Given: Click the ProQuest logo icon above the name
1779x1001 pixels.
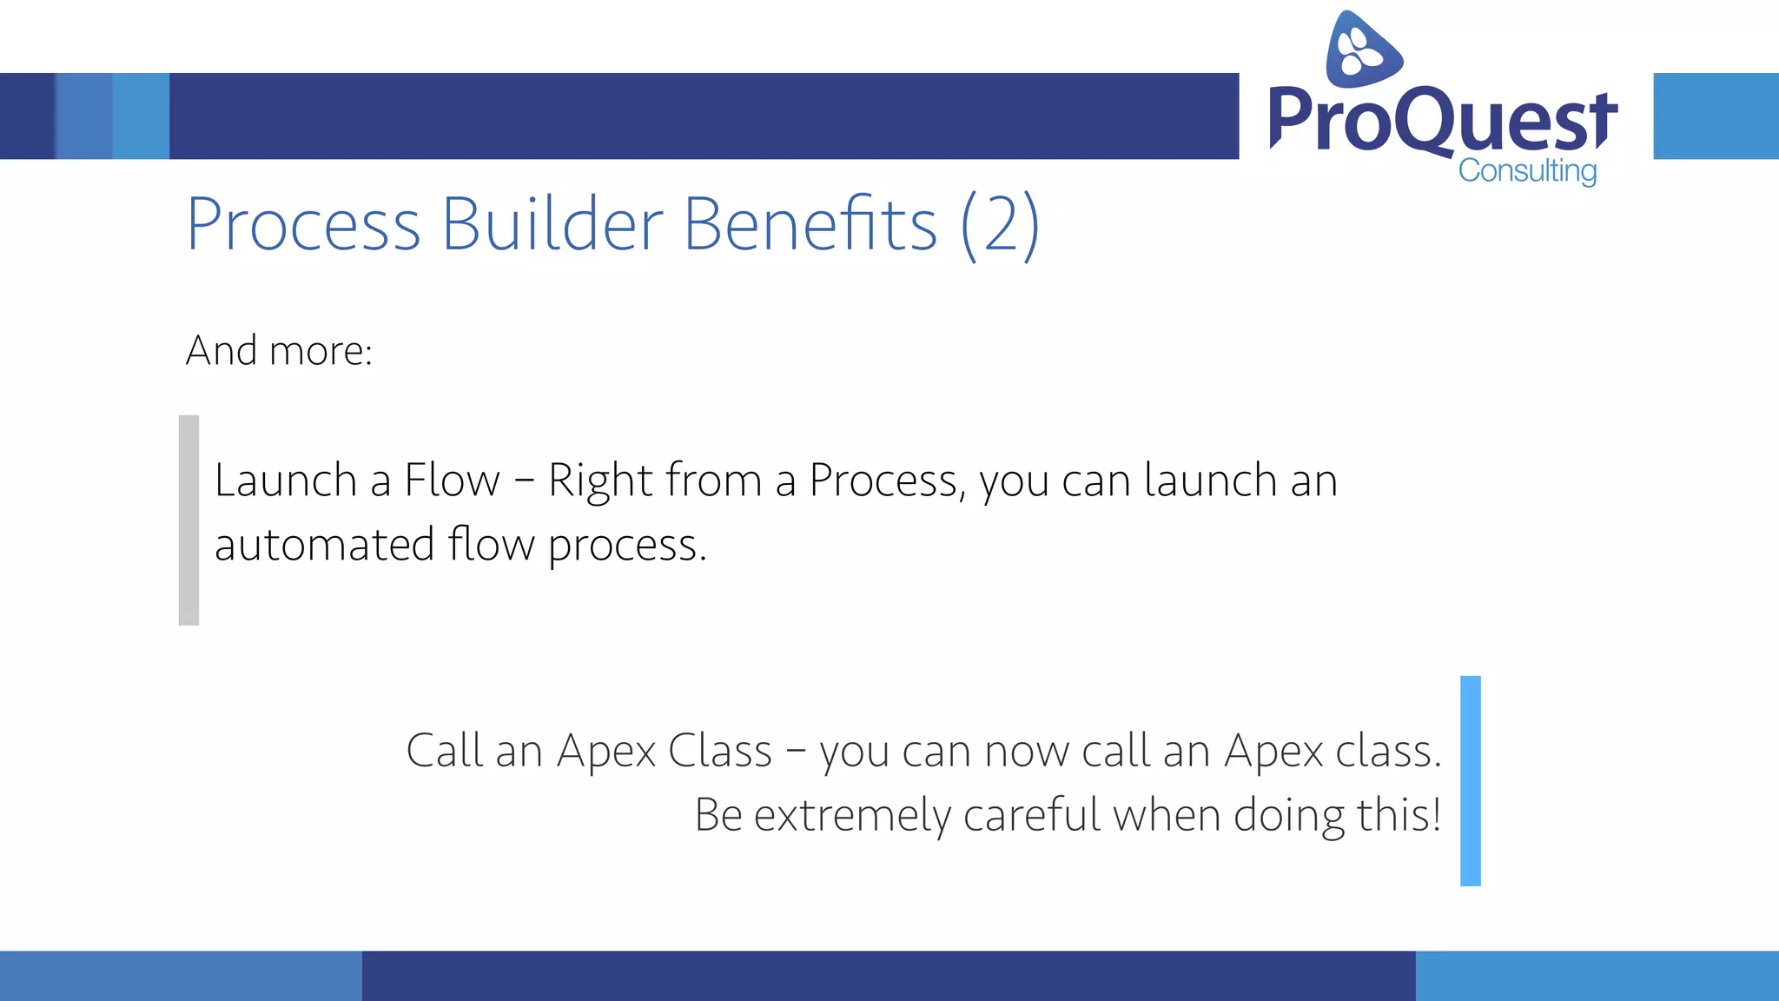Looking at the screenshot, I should point(1362,50).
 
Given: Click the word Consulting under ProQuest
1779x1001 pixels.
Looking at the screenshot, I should point(1527,170).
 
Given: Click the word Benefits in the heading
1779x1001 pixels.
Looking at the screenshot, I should point(810,224).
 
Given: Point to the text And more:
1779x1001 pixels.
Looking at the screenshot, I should point(279,351).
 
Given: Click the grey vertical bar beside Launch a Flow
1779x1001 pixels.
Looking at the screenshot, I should point(188,520).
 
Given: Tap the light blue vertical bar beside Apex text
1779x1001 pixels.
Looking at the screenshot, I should point(1470,780).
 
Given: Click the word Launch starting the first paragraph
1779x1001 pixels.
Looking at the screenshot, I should point(286,481).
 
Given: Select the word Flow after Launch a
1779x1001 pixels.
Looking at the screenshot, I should point(452,481).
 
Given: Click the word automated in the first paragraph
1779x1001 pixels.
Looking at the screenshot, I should point(324,546).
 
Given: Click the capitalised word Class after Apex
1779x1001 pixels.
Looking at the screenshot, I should point(719,751).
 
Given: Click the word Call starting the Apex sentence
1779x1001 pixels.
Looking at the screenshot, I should point(444,751).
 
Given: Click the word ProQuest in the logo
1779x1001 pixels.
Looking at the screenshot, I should point(1442,120).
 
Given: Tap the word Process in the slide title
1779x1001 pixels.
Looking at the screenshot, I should point(303,224).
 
